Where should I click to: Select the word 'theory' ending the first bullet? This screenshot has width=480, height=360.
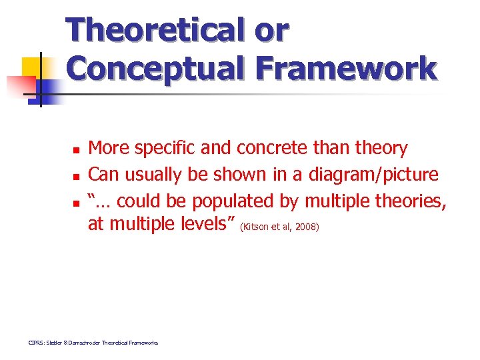382,148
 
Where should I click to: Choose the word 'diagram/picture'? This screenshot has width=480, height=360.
373,175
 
